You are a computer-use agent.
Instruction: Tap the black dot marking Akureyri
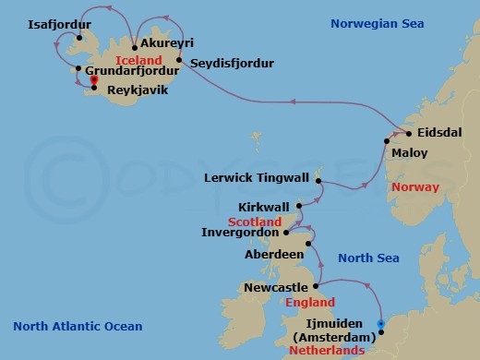135,45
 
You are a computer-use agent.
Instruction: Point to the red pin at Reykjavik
93,81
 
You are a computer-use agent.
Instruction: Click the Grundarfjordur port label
130,68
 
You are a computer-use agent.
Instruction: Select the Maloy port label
408,151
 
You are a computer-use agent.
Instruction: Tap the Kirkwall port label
263,207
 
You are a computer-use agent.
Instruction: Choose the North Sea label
366,258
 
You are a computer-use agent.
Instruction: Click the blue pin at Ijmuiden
381,323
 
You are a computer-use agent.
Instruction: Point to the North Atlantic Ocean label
78,326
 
